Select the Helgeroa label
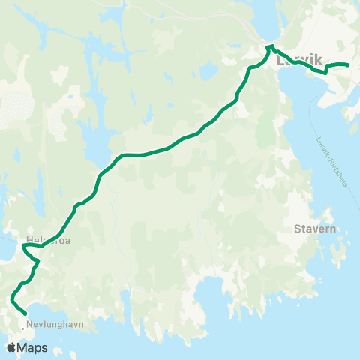pos(47,240)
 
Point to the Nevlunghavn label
pos(54,324)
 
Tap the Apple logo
pos(12,347)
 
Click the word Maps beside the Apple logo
pos(33,347)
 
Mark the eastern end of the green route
pos(349,65)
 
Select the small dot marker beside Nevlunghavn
pos(22,324)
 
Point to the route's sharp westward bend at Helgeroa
pos(24,244)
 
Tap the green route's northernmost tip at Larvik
pos(268,46)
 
